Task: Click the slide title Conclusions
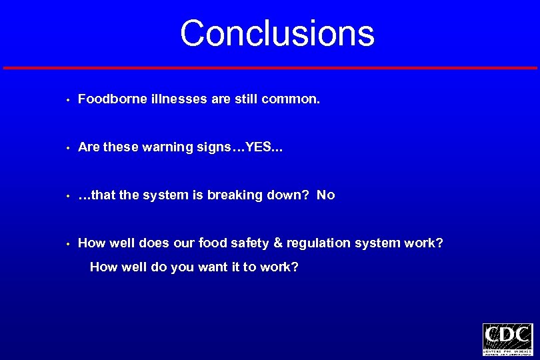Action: pos(277,33)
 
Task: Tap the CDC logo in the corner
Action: pos(507,339)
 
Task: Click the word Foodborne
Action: pos(108,99)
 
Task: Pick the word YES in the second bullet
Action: pos(259,147)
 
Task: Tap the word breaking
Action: pos(236,195)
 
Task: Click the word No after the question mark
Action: pos(326,195)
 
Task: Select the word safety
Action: pos(251,243)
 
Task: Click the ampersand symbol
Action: pos(277,243)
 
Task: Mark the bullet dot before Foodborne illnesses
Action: pos(69,101)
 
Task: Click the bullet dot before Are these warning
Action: pos(69,149)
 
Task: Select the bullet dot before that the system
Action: pos(69,197)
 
